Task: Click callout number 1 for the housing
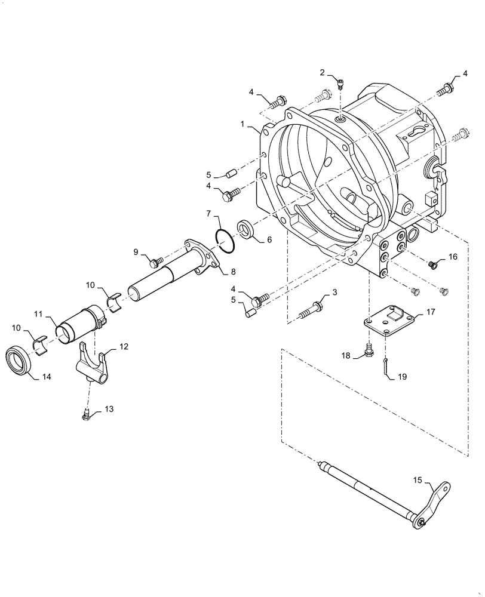243,124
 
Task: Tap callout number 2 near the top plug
323,73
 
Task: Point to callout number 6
269,240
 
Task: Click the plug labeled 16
434,263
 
